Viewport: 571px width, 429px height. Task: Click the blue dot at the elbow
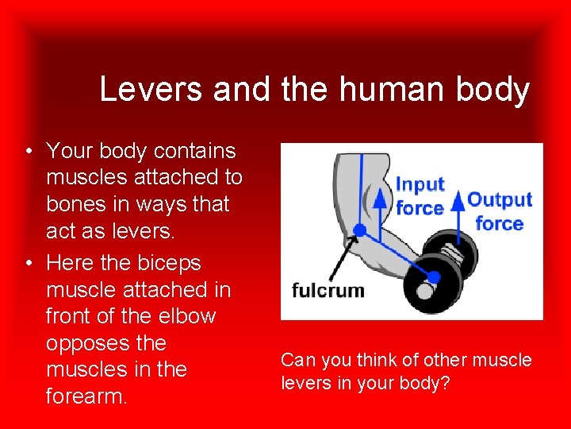(359, 230)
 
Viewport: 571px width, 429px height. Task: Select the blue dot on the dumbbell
(434, 276)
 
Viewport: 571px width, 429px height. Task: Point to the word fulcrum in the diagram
(328, 290)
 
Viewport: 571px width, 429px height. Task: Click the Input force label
(420, 195)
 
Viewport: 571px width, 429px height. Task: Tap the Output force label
(500, 211)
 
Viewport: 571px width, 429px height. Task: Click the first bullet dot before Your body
(28, 151)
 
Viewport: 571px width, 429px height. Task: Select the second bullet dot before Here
(28, 263)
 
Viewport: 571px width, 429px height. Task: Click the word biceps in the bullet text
(171, 263)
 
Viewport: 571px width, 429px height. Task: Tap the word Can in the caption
(297, 361)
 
